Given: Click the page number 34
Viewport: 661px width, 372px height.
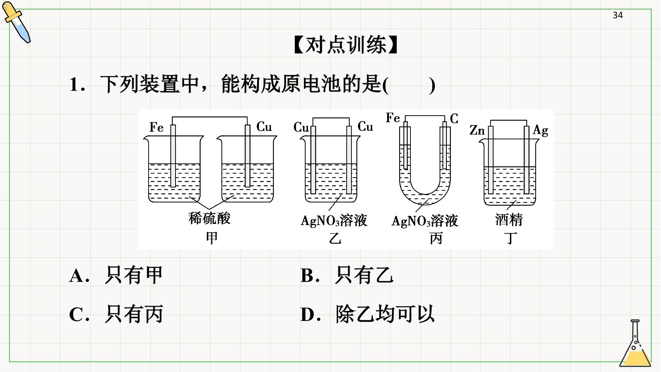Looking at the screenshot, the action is [x=618, y=15].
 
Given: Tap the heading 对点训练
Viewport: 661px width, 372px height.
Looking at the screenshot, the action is [x=346, y=45].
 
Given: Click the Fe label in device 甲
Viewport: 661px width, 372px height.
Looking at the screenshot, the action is [x=157, y=127].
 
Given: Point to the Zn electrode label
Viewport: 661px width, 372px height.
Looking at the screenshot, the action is [x=477, y=130].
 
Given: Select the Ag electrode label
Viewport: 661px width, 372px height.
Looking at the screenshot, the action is [x=540, y=131].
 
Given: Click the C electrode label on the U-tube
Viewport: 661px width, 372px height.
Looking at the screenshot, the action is [x=454, y=119].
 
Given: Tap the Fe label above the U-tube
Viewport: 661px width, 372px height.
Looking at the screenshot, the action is [x=393, y=118].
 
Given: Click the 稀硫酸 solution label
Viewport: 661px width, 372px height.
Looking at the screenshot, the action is [x=209, y=218].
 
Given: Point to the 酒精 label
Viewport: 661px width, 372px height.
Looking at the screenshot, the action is [x=509, y=220].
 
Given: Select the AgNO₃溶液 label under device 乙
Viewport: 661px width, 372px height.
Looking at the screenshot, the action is [x=334, y=221].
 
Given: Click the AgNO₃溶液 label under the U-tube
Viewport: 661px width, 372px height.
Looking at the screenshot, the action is [x=425, y=221].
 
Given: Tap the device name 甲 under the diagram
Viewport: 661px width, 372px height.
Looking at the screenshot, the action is [x=212, y=238].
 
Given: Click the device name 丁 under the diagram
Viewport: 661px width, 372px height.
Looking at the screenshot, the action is [x=511, y=239].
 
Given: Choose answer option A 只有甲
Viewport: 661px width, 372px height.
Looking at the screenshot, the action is [x=116, y=275].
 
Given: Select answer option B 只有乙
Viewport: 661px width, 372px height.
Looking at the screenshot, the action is [x=347, y=275].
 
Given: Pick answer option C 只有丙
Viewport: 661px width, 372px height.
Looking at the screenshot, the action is [x=116, y=314].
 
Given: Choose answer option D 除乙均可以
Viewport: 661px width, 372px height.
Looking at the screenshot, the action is [x=367, y=314].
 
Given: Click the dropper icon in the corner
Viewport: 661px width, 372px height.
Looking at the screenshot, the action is [x=16, y=22].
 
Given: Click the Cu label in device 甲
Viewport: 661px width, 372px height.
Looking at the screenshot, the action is [x=264, y=127].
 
